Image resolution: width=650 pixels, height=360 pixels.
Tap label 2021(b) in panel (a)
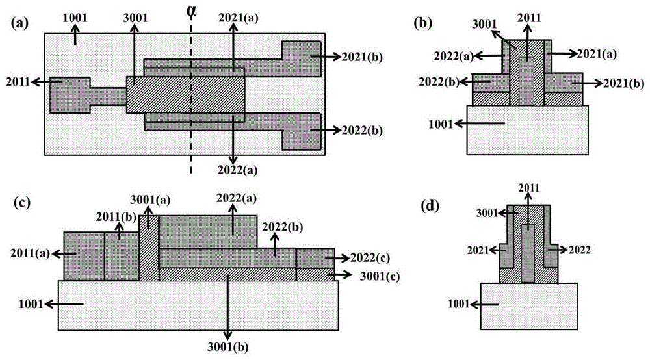[364, 57]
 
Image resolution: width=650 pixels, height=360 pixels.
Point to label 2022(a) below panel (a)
[234, 171]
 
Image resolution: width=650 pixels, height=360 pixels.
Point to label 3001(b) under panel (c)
[228, 344]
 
